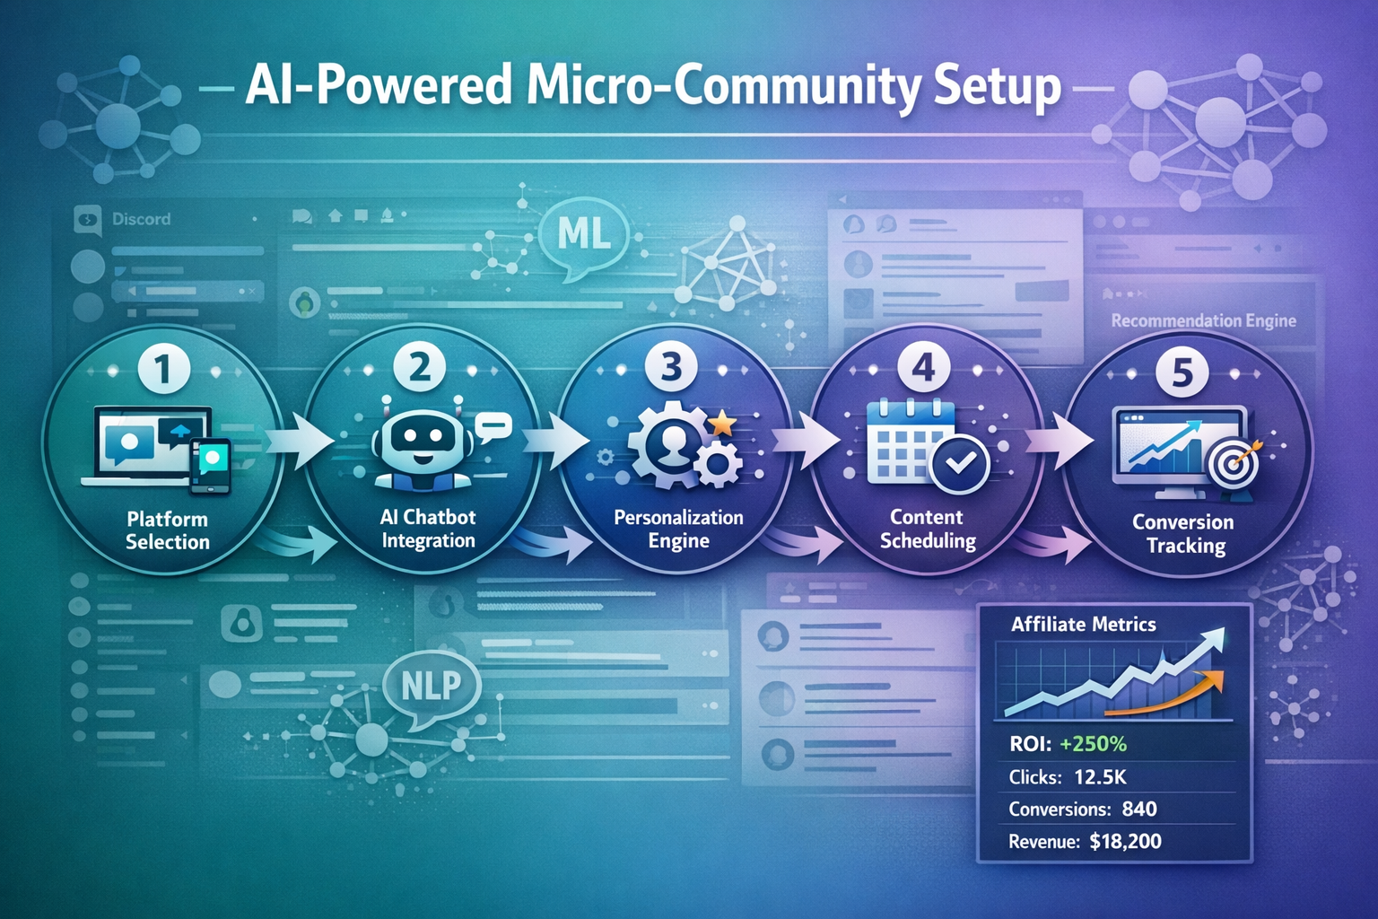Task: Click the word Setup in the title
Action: click(x=997, y=87)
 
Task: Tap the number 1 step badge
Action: click(x=164, y=370)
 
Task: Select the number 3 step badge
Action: click(x=671, y=367)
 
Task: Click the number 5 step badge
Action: click(x=1182, y=372)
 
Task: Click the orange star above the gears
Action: click(x=721, y=422)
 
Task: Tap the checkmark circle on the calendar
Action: click(x=960, y=463)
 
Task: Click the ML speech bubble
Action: click(x=584, y=235)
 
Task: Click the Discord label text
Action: click(x=141, y=219)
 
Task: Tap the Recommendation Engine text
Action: click(x=1203, y=320)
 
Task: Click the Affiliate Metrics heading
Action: click(x=1083, y=625)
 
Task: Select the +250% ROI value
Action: click(x=1093, y=744)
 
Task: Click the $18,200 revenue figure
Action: click(x=1125, y=841)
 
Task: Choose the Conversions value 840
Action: click(x=1138, y=809)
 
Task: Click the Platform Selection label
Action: click(x=167, y=530)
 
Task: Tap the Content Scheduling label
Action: click(x=927, y=529)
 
